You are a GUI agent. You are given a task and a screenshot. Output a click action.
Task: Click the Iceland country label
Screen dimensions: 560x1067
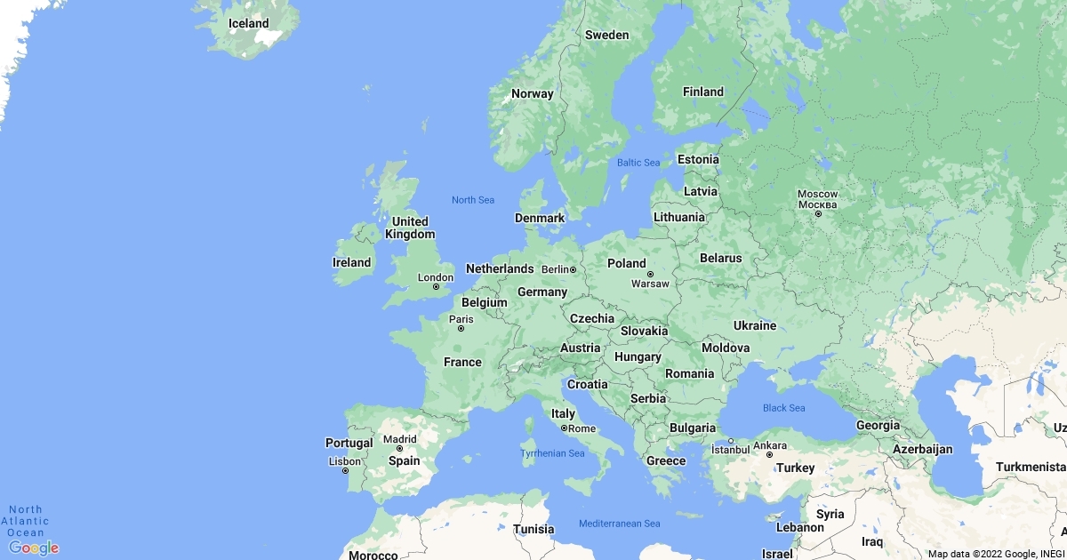[x=248, y=23]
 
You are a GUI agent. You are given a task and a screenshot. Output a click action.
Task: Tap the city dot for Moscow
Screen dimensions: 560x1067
[x=818, y=213]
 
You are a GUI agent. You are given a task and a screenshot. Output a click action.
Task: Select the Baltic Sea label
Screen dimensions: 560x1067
[x=638, y=163]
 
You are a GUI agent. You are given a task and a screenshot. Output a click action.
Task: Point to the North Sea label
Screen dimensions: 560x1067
[x=473, y=200]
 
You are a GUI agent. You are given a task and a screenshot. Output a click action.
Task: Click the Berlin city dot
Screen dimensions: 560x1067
[x=574, y=269]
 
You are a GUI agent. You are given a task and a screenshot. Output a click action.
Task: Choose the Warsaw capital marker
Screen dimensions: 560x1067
[x=650, y=274]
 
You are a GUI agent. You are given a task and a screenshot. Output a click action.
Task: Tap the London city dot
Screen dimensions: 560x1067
[x=436, y=286]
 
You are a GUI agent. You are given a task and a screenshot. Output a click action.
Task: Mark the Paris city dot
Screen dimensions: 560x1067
[x=461, y=329]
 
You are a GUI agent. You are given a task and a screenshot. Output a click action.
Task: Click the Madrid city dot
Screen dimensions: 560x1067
[x=399, y=448]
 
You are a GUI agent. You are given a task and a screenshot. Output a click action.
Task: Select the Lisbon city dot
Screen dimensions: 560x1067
[x=346, y=470]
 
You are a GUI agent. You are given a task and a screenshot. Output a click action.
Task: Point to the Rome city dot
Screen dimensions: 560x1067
[x=563, y=428]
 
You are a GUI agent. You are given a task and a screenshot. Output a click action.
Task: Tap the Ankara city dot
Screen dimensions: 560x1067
[x=769, y=454]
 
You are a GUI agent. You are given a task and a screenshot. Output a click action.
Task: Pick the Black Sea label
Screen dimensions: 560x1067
[x=783, y=408]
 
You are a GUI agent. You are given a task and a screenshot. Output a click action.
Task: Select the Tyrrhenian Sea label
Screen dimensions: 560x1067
[x=552, y=453]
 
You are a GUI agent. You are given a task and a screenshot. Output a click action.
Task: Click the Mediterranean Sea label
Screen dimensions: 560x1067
[x=620, y=524]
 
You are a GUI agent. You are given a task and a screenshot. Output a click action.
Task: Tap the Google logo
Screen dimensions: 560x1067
[x=34, y=548]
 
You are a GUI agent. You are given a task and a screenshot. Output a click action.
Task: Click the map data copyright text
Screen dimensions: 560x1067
[x=996, y=554]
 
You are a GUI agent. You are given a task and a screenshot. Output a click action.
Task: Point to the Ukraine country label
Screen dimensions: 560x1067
[x=754, y=325]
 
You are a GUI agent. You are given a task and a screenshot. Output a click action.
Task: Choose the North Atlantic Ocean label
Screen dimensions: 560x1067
[x=26, y=521]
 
